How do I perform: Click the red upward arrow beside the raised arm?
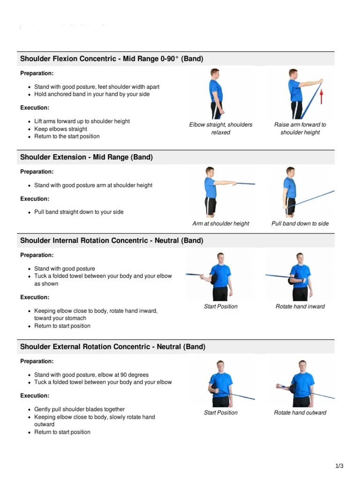[322, 97]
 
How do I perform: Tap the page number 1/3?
[339, 466]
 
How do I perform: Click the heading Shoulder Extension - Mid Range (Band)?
[87, 157]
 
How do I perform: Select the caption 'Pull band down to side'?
[300, 224]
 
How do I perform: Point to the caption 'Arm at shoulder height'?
[221, 224]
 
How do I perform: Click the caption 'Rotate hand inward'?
[300, 307]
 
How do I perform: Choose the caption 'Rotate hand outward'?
[300, 413]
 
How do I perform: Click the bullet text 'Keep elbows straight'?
[60, 129]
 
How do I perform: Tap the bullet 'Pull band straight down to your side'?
[79, 212]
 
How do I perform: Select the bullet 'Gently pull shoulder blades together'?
[79, 409]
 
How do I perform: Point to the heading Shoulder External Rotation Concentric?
[112, 347]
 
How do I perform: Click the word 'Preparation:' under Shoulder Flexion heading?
[37, 73]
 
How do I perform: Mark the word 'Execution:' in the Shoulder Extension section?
[35, 199]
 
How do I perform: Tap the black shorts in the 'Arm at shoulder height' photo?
[211, 205]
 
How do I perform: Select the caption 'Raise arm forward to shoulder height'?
[300, 128]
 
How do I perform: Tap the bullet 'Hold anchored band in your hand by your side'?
[92, 94]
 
